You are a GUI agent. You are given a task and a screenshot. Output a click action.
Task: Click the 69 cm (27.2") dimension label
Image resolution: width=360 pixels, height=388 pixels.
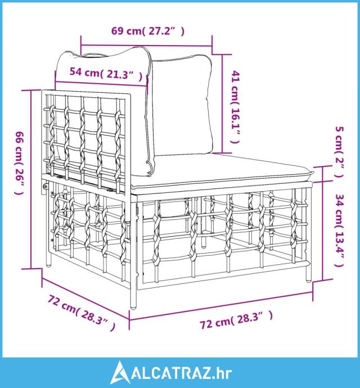coord(148,31)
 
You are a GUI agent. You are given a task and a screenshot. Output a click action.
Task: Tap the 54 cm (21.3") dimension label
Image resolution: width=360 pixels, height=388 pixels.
coord(106,73)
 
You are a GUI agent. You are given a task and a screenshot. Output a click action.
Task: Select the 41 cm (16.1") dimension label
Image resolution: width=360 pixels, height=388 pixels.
coord(235,107)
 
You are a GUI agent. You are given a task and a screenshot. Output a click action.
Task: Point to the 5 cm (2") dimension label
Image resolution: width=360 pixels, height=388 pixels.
coord(339,152)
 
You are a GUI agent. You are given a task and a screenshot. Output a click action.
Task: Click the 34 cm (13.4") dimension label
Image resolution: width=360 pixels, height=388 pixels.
coord(339,231)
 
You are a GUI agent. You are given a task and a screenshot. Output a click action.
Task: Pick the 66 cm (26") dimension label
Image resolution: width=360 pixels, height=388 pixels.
coord(19,163)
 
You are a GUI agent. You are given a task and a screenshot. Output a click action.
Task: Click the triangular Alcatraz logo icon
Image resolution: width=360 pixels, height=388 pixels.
coord(120,372)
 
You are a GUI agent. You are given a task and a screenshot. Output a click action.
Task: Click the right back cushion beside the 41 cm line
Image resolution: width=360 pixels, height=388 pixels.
coord(181,107)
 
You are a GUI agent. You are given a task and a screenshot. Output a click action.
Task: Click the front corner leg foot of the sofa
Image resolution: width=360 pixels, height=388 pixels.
coord(133,307)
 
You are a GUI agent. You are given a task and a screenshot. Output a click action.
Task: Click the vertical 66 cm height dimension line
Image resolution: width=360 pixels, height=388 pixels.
coord(31,179)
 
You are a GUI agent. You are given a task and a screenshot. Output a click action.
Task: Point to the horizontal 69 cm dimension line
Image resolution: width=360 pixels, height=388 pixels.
coord(146,46)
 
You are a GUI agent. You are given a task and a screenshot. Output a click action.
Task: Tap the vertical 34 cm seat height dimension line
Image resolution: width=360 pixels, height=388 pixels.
coord(323,231)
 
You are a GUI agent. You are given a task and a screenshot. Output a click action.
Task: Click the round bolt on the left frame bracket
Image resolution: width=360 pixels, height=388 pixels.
coord(46,186)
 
